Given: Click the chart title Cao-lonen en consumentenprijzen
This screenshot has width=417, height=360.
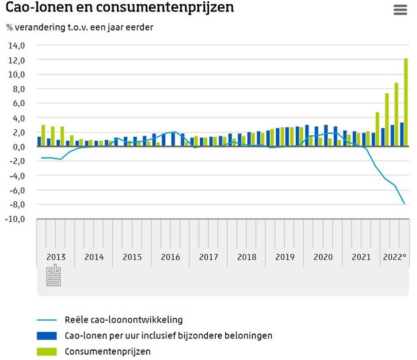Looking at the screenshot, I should pos(119,9).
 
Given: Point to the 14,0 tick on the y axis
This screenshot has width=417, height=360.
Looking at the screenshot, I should pos(17,45).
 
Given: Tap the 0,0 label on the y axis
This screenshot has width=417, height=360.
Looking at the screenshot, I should pos(18,147).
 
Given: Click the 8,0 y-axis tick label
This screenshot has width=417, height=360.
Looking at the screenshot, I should pos(18,89).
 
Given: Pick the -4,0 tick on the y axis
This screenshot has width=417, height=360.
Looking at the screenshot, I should pos(16,176).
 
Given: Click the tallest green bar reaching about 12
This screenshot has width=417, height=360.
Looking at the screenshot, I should pos(406,102).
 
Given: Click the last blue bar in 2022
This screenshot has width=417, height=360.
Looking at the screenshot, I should pos(402,134).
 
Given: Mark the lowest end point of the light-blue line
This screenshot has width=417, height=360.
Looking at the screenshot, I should pos(404,203).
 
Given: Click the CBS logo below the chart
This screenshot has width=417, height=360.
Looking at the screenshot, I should pos(53,276).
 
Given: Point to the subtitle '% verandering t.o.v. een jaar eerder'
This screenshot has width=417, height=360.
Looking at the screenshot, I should pos(79,27).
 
